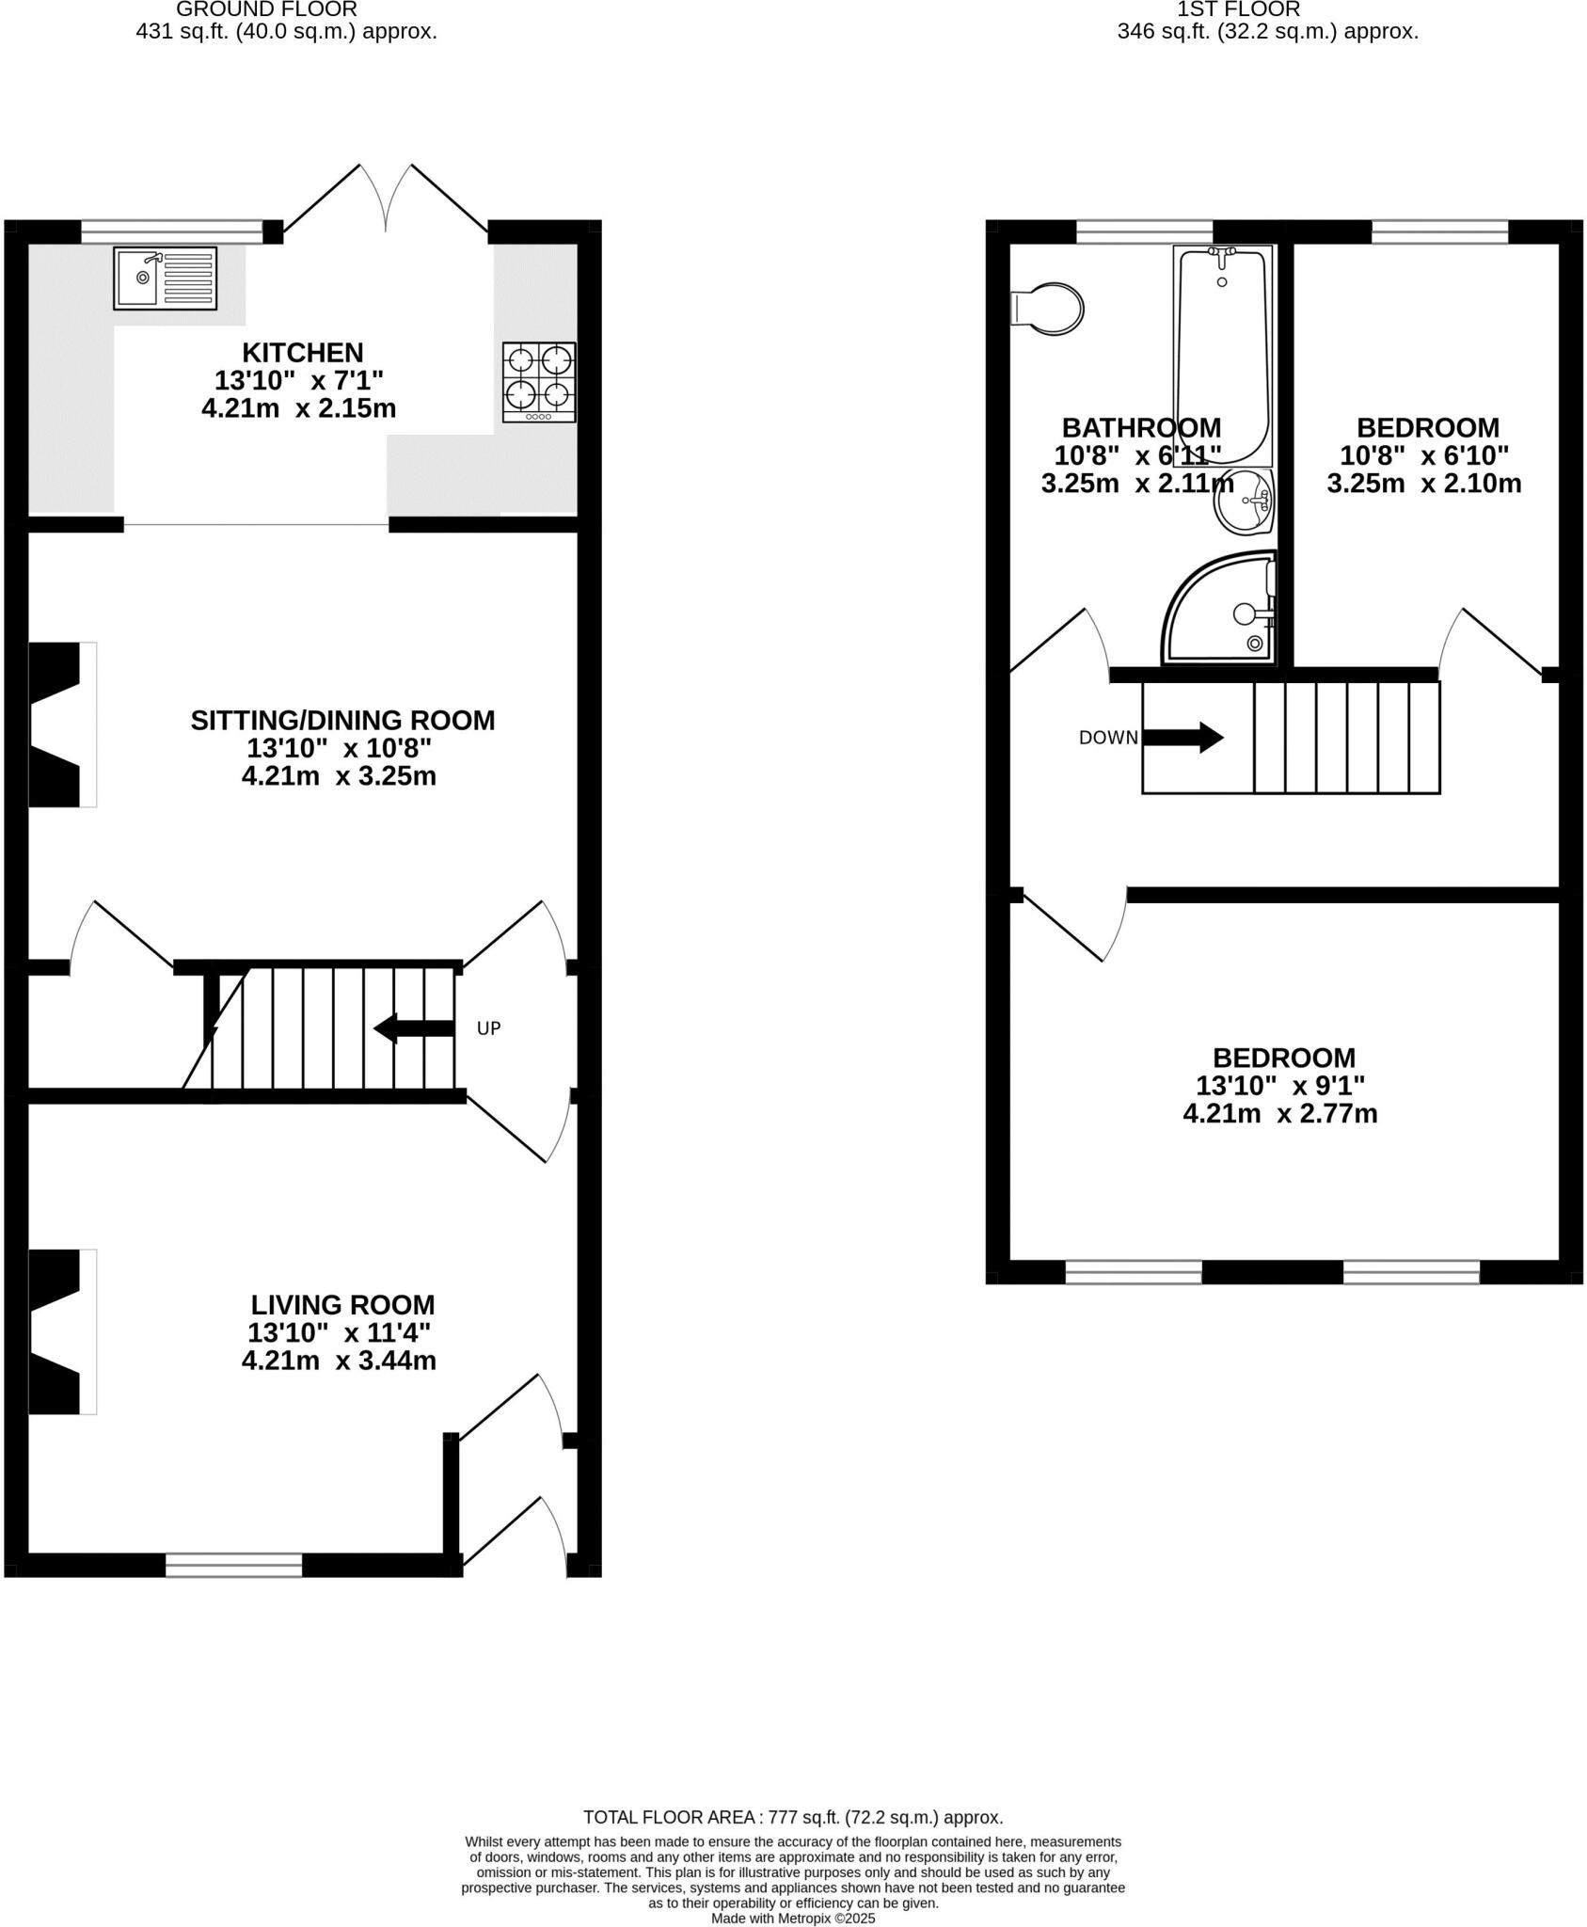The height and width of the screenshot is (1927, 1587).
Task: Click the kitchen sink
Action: coord(165,278)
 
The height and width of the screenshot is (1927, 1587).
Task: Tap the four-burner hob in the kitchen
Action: coord(539,381)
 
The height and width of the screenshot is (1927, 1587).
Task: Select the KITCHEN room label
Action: coord(302,353)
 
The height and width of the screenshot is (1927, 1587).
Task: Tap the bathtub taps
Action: coord(1222,252)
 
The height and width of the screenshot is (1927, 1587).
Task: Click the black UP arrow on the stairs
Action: coord(414,1028)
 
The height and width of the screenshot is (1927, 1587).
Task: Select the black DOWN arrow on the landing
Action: coord(1182,737)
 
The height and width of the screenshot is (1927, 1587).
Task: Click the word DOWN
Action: coord(1108,738)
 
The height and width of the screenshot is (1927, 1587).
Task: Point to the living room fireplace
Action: coord(61,1331)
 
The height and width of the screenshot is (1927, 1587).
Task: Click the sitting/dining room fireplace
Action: coord(61,724)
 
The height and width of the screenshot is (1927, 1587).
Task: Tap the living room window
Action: coord(233,1565)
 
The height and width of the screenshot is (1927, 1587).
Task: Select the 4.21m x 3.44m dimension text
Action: coord(339,1361)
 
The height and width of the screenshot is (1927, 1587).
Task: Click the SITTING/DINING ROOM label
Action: coord(342,720)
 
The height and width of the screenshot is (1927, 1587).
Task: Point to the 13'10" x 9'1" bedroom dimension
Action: coord(1279,1085)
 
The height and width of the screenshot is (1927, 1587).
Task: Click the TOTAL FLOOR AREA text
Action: coord(792,1817)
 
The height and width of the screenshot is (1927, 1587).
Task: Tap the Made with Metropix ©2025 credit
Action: coord(792,1918)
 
